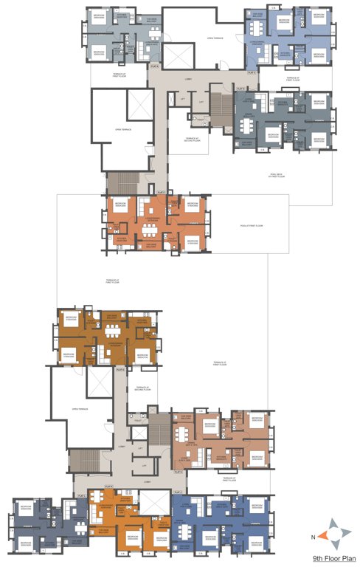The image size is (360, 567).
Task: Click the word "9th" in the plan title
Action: [316, 559]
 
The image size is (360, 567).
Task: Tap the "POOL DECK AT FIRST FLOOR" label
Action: [277, 176]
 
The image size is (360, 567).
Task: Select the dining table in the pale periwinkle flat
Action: [256, 29]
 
